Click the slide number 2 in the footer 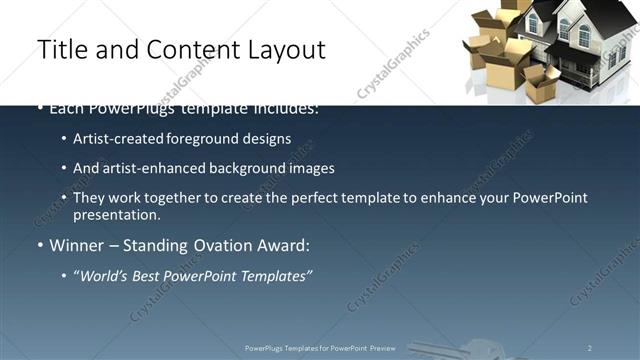(590, 347)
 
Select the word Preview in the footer (383, 347)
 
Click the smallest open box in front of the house (546, 79)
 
